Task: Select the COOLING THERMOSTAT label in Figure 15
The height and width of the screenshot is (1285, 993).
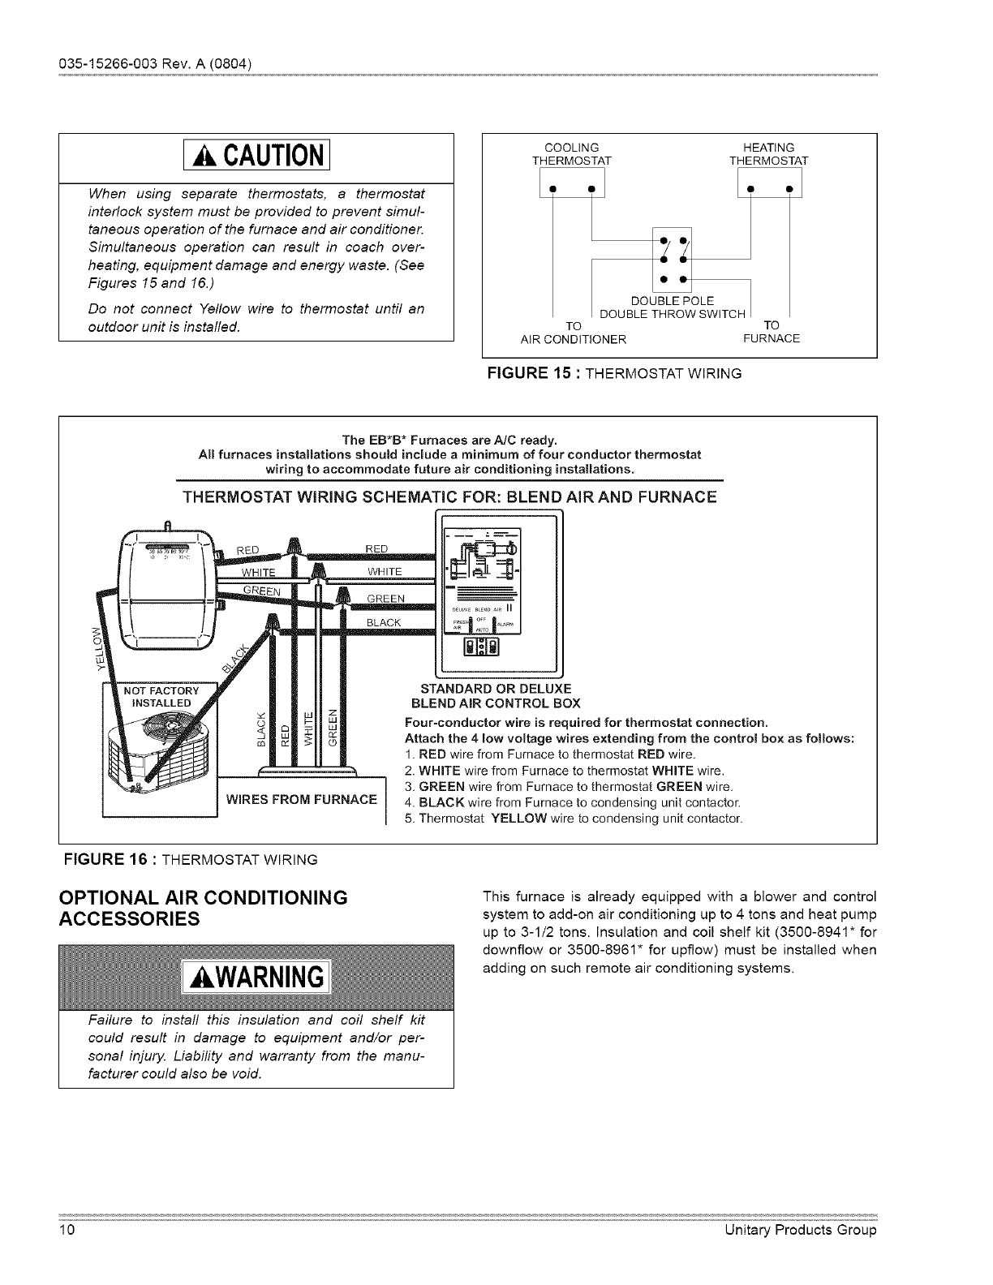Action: point(571,153)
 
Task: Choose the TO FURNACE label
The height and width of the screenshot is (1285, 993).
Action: point(772,332)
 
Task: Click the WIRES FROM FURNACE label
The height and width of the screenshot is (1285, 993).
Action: point(301,799)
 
